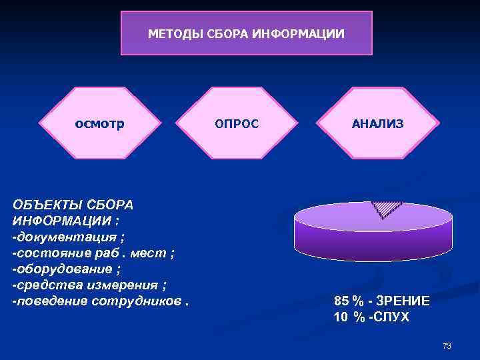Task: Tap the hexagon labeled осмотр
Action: coord(99,123)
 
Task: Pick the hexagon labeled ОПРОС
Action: coord(236,123)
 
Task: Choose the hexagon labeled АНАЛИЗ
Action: coord(378,123)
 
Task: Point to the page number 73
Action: coord(447,346)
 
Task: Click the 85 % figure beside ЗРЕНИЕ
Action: coord(349,301)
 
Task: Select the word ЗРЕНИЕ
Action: coord(403,301)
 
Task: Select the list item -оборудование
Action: coord(63,269)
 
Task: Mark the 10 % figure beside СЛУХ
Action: coord(349,317)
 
